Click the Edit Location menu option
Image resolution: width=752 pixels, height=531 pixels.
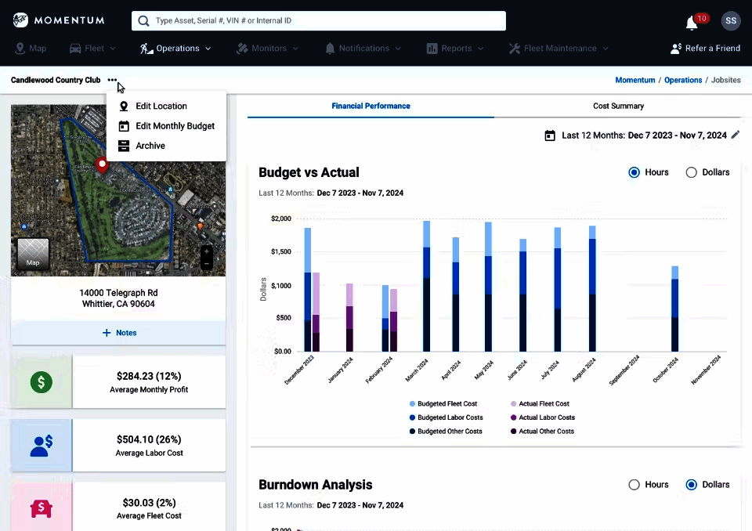[161, 106]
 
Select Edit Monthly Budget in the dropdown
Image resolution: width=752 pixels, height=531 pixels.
[174, 126]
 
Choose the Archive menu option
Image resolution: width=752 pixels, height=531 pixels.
[150, 146]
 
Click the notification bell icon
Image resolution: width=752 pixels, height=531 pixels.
[692, 23]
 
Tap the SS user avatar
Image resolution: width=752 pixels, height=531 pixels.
[730, 20]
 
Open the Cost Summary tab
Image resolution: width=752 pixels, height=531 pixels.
[618, 106]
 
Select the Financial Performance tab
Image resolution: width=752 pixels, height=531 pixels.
[371, 106]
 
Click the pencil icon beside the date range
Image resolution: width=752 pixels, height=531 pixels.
[735, 135]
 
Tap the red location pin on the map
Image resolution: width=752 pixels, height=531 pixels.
[101, 164]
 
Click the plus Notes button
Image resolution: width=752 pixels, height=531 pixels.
[118, 333]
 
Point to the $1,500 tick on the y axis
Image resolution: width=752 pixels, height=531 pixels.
[280, 252]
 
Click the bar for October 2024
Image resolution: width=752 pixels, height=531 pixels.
[674, 309]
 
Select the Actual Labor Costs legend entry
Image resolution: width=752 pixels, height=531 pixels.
[546, 417]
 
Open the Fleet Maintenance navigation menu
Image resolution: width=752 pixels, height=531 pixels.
[558, 49]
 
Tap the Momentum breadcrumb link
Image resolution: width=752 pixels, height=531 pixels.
[634, 80]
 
